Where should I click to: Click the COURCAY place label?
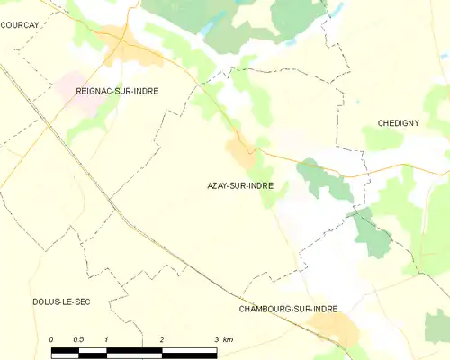(19, 26)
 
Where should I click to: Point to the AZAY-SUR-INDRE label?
(241, 186)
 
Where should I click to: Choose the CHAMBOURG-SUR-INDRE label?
(288, 309)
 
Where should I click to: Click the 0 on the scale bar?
(51, 339)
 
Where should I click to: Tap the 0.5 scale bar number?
(78, 339)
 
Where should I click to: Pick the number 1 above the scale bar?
(106, 339)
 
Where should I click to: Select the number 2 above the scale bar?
(161, 339)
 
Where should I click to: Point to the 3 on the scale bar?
(216, 339)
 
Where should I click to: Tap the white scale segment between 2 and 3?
(189, 349)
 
